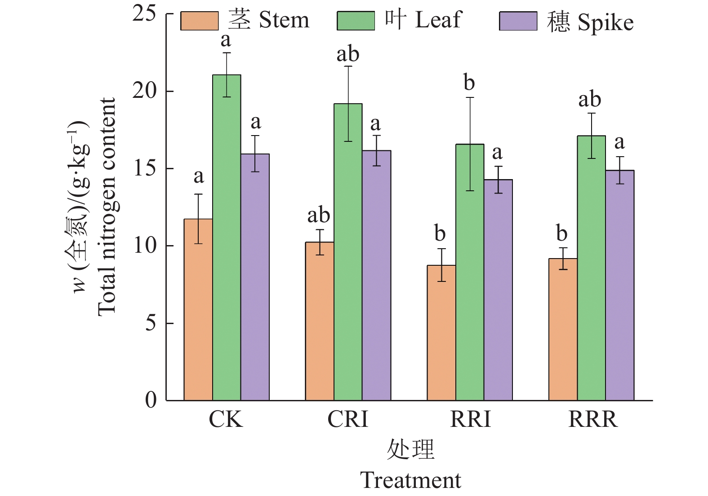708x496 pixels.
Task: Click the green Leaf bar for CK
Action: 227,238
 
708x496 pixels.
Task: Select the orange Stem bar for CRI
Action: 320,321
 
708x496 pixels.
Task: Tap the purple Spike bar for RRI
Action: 498,290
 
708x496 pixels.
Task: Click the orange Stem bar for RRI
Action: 441,333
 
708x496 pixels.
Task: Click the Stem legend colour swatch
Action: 200,21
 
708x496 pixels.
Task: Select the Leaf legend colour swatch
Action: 356,21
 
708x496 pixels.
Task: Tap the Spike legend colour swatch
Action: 518,21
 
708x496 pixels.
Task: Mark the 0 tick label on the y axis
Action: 151,399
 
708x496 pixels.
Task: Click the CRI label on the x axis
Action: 347,419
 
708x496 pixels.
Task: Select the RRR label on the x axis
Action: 593,419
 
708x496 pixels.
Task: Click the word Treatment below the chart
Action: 410,480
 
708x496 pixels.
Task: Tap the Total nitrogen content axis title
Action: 107,206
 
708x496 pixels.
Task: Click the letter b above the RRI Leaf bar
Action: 469,83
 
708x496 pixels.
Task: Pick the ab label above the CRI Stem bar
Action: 319,215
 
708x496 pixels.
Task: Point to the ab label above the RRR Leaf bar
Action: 589,99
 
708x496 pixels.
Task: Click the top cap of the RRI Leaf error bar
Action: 470,97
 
